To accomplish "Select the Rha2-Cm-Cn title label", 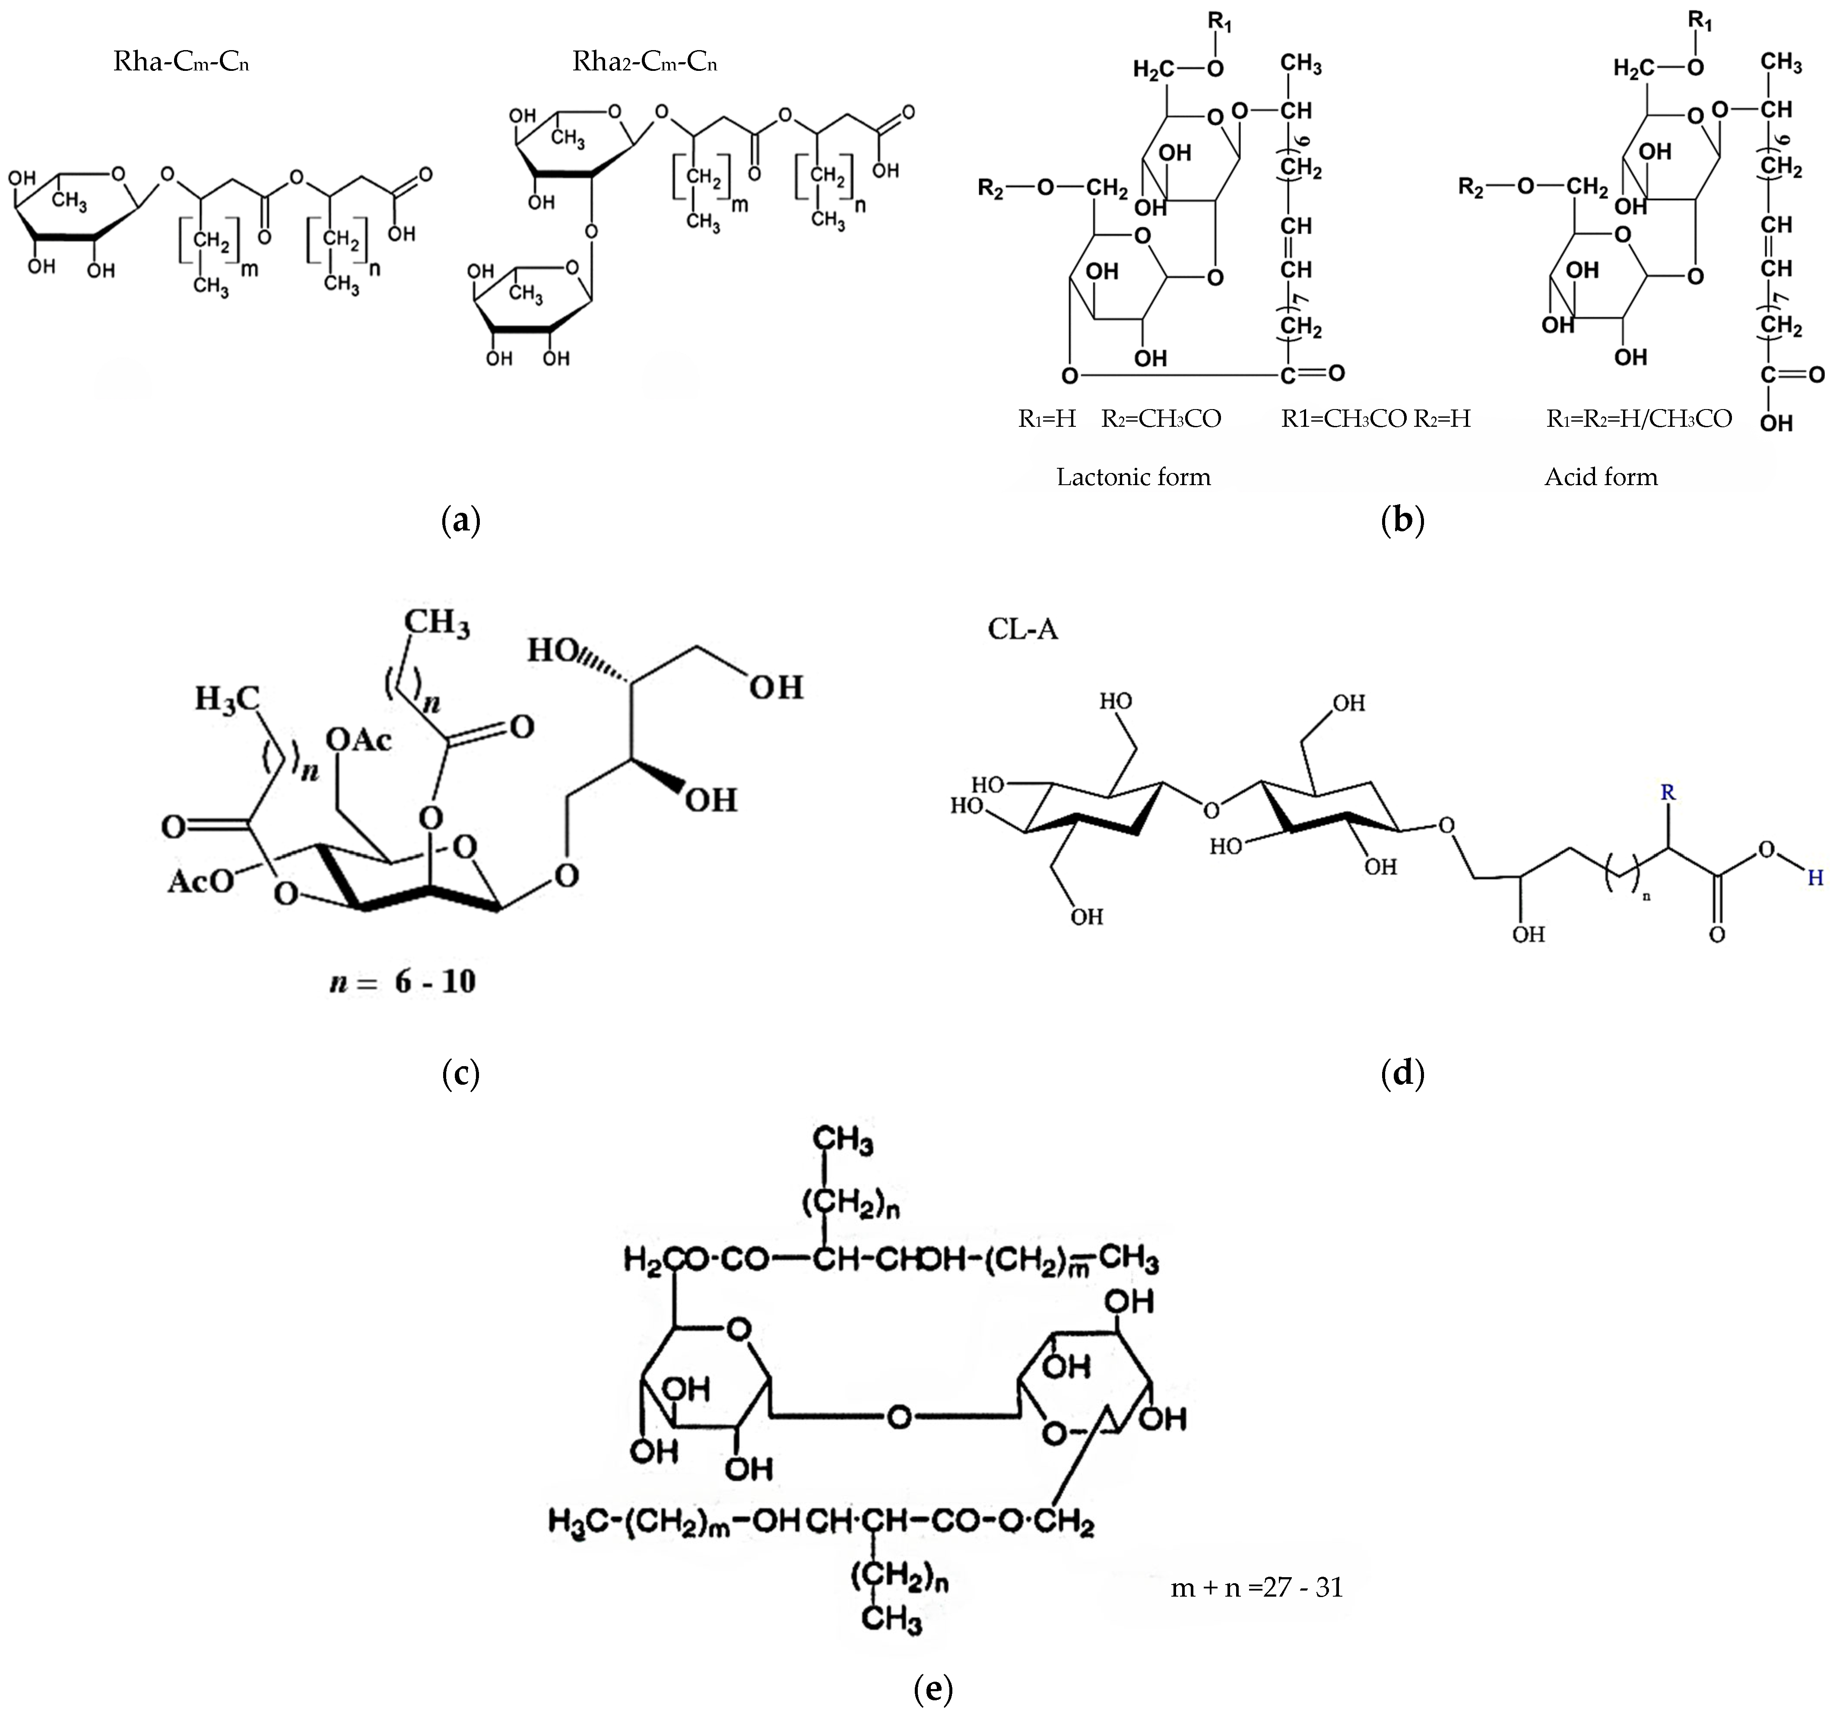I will [644, 63].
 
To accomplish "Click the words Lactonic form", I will [1133, 477].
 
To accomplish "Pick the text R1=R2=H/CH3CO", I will [1639, 419].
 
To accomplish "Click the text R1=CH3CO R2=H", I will [1375, 419].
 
